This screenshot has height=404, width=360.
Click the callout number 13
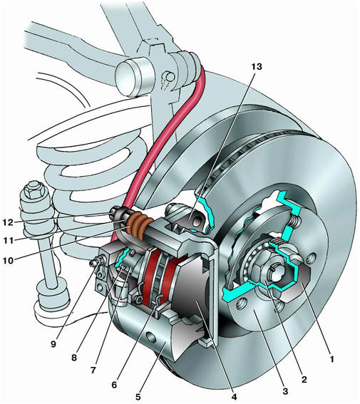click(x=257, y=66)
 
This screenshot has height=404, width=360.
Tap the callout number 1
click(x=332, y=358)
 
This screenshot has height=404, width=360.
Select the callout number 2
click(x=304, y=379)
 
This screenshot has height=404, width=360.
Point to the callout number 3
click(x=285, y=391)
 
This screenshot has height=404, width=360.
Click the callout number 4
click(x=234, y=397)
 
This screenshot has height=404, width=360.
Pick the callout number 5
click(x=138, y=397)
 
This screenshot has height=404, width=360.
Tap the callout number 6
click(x=114, y=385)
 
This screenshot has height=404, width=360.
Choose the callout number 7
click(x=93, y=371)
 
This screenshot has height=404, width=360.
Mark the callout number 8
click(x=74, y=358)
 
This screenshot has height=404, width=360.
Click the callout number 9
click(x=53, y=344)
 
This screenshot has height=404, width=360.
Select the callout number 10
click(x=8, y=261)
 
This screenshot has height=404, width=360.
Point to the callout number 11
click(x=8, y=241)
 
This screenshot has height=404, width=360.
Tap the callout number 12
click(x=8, y=222)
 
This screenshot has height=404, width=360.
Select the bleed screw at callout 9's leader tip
click(x=96, y=262)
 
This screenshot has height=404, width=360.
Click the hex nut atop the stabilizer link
click(x=33, y=191)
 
